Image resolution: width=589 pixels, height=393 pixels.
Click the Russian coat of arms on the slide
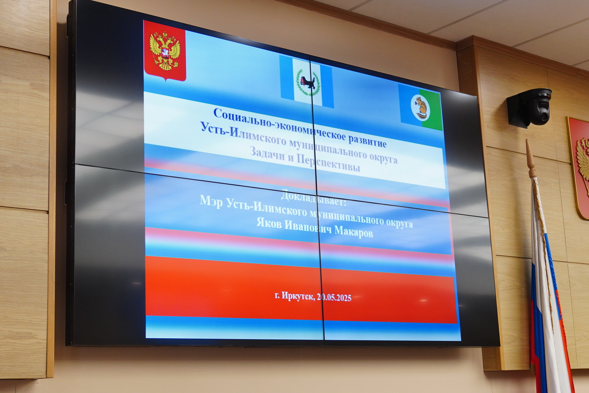click(x=165, y=51)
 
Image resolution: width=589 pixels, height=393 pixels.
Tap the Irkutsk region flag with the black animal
click(x=307, y=81)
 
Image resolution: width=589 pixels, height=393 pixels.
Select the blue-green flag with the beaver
click(x=421, y=107)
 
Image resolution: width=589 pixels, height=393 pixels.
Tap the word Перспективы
click(x=329, y=163)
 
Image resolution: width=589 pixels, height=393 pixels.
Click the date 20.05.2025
click(x=334, y=298)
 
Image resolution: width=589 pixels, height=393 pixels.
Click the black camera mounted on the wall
click(x=529, y=107)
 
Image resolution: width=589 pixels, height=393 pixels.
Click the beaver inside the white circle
click(x=421, y=107)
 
